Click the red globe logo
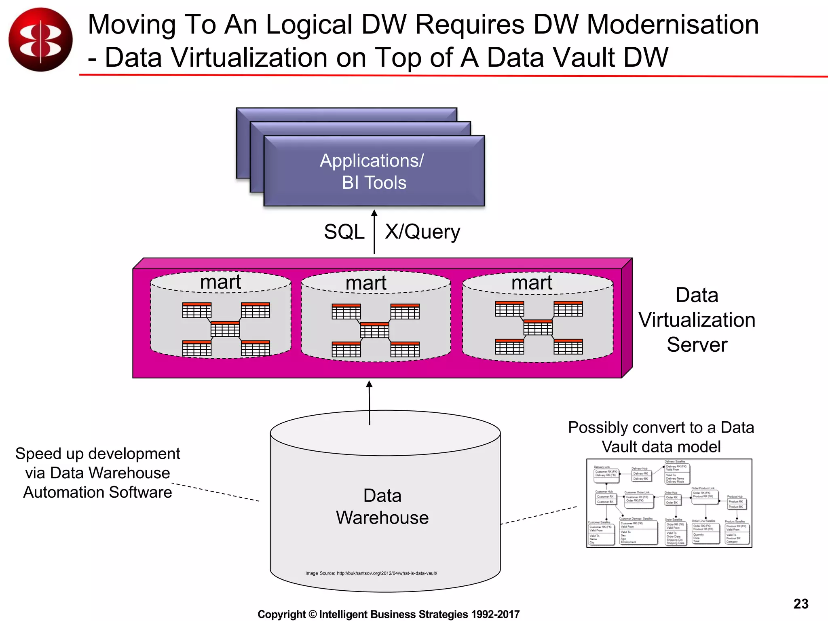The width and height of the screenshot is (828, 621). point(40,40)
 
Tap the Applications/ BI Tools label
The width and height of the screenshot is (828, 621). point(373,171)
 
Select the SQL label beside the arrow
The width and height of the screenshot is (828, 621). point(344,232)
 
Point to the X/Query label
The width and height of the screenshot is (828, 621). point(422,232)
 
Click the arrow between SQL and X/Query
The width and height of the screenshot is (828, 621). point(374,232)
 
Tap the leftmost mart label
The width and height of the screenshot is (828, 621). point(220,282)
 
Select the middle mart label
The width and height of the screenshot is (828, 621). point(366,283)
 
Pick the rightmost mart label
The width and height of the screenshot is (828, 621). point(532,283)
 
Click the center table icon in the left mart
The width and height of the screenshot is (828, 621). point(225,329)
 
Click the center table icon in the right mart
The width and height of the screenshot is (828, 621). point(538,327)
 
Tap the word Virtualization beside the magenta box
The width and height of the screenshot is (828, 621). point(697,320)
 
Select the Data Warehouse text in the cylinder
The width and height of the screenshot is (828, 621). point(382,507)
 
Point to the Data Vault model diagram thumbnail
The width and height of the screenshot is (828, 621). point(669,503)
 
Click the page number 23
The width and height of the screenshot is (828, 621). point(801,604)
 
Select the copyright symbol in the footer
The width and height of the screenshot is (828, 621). point(313,615)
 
